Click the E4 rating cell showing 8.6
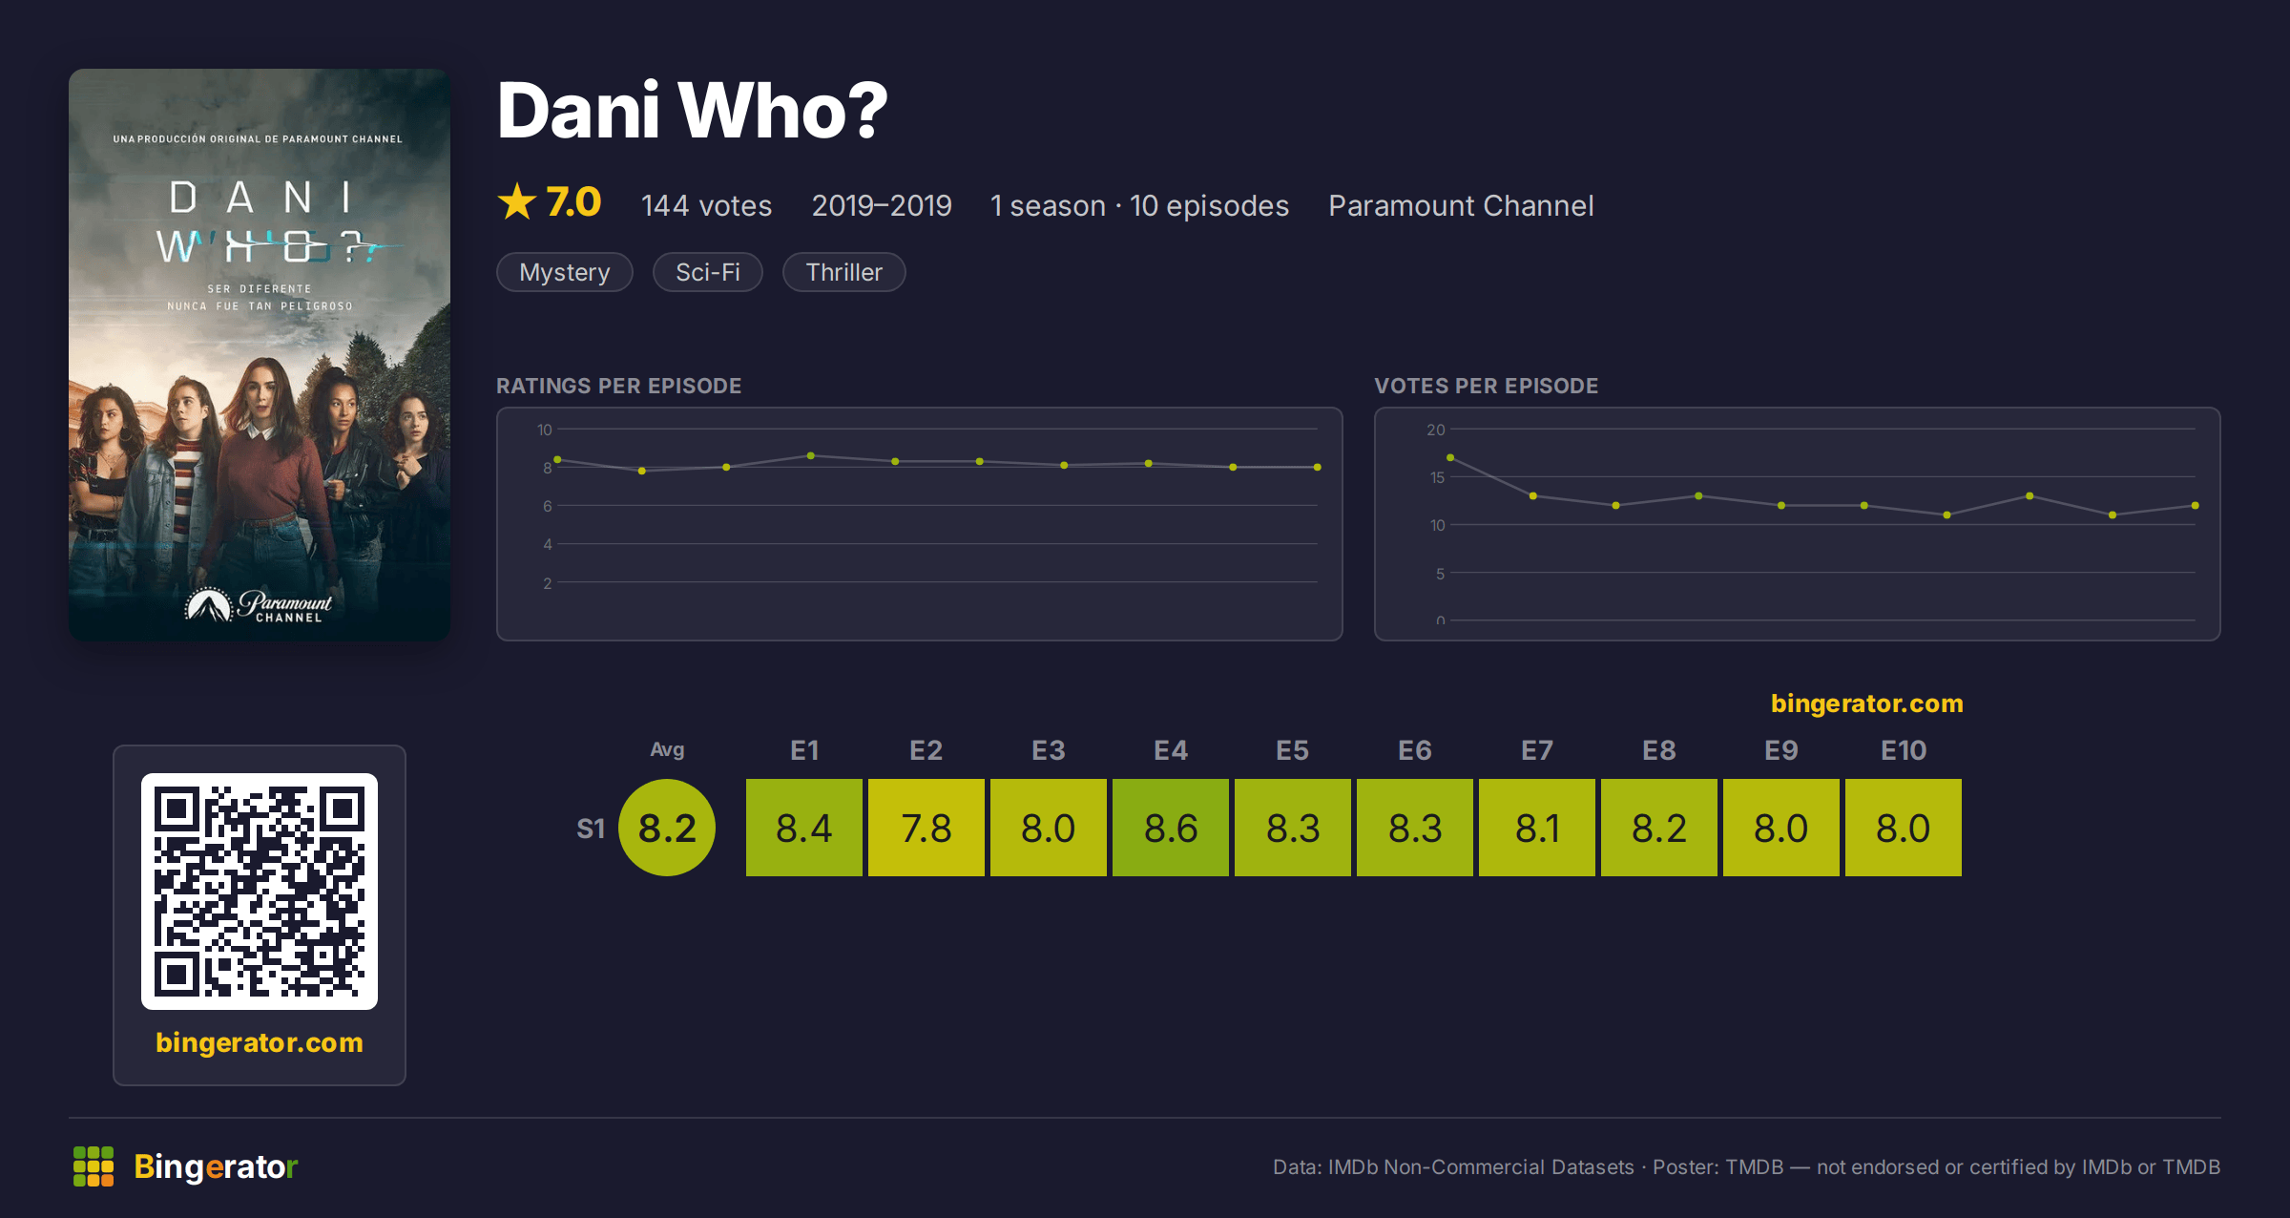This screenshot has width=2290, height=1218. pos(1171,828)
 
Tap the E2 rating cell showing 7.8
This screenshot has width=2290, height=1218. pos(926,828)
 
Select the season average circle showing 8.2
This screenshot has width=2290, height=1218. pos(667,828)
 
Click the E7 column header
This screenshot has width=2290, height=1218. pos(1537,750)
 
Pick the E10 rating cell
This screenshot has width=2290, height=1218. pos(1904,828)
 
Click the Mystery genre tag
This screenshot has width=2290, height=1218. pos(565,272)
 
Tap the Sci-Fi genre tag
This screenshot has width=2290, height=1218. pos(708,272)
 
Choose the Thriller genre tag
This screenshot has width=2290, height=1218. pos(844,272)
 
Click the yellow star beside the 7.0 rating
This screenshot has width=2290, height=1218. pos(517,201)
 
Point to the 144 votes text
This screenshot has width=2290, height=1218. pos(706,205)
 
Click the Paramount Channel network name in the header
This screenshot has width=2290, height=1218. pos(1461,205)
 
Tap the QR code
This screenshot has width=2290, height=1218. pos(260,892)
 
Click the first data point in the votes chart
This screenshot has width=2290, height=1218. pos(1450,458)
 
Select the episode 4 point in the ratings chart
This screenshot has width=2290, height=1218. pos(811,456)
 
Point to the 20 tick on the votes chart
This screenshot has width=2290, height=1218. pos(1436,430)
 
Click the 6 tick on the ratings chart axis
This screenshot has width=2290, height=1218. pos(548,506)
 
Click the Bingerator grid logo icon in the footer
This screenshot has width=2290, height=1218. pos(94,1166)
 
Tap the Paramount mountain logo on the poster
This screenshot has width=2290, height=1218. pos(209,604)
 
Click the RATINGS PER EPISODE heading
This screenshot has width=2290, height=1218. pos(618,386)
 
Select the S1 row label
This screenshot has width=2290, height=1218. pos(591,829)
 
